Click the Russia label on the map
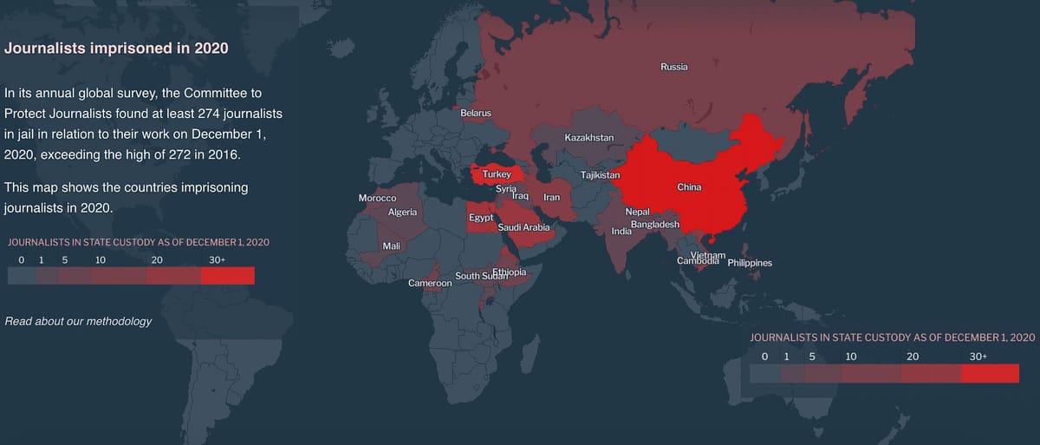pos(673,67)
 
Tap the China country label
pos(689,187)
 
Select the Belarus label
pos(476,114)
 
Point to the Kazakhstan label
pos(588,138)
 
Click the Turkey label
pos(497,174)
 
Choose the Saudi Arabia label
pos(524,227)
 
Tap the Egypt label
pos(481,216)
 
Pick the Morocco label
pos(377,199)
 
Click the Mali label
pos(391,246)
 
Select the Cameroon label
pos(430,284)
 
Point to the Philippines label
pos(750,263)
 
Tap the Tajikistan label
pos(601,175)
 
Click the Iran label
pos(551,198)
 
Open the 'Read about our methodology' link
pos(78,321)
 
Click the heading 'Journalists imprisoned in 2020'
pos(116,49)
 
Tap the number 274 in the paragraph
pos(222,115)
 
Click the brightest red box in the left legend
pos(227,276)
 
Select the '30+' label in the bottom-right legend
pos(978,357)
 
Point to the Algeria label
pos(402,213)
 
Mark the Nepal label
pos(637,213)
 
